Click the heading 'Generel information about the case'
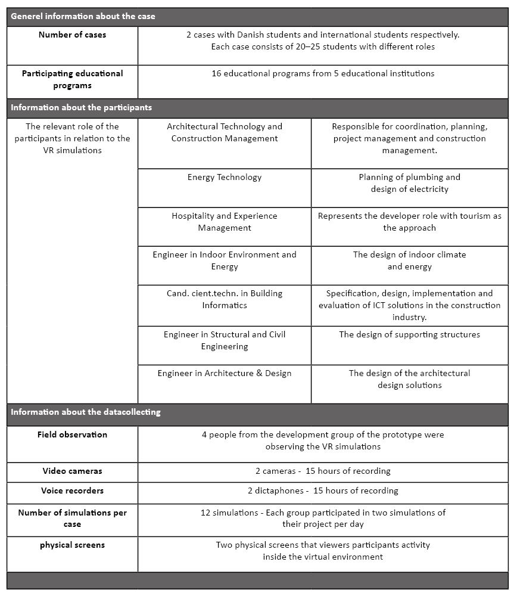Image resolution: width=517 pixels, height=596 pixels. (83, 16)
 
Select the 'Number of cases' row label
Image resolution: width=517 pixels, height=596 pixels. (73, 35)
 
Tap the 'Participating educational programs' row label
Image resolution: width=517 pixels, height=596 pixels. (73, 79)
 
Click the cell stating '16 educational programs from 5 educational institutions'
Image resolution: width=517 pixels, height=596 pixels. (323, 73)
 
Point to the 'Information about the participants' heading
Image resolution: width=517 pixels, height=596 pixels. (81, 108)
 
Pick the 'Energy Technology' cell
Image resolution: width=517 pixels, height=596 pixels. (225, 177)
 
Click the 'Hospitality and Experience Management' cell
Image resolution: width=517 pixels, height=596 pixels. (225, 222)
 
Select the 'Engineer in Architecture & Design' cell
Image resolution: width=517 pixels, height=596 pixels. (225, 373)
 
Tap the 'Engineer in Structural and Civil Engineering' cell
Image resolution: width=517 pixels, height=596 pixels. (225, 340)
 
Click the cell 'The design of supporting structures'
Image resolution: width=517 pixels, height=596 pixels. (410, 334)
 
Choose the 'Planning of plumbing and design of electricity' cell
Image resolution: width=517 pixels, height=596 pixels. (410, 183)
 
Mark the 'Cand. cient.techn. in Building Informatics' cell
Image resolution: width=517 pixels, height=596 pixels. (225, 299)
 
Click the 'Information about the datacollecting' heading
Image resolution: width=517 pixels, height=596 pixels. (85, 412)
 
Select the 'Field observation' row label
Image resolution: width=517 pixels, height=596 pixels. (73, 434)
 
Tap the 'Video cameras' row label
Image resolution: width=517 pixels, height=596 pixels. (73, 471)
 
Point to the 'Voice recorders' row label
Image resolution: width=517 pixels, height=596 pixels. (73, 491)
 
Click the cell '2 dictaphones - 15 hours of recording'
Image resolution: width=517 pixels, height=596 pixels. (323, 491)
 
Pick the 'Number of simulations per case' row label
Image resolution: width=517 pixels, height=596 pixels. (73, 518)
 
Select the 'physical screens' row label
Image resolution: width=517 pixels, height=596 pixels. (73, 545)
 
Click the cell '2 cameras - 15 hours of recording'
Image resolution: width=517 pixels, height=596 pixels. (323, 471)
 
